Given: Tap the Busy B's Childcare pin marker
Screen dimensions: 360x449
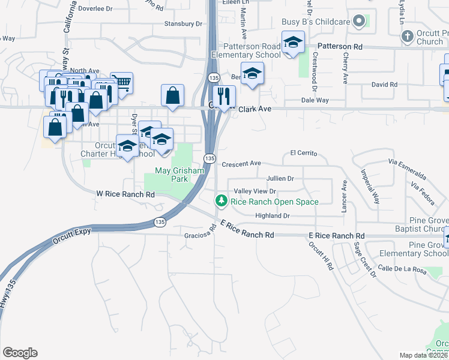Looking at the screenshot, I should pyautogui.click(x=360, y=22).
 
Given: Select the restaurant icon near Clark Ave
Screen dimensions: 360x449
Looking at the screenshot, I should pyautogui.click(x=224, y=96).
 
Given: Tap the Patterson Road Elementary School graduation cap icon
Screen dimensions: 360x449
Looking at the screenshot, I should pyautogui.click(x=292, y=43).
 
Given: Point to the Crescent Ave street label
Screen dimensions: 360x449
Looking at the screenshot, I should pyautogui.click(x=241, y=163).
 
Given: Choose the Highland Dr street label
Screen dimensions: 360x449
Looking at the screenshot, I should pyautogui.click(x=273, y=216).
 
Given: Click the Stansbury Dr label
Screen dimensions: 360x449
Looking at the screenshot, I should pyautogui.click(x=183, y=24).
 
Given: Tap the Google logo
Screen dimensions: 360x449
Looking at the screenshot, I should pyautogui.click(x=20, y=353).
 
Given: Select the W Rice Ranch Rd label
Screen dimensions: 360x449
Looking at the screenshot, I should pyautogui.click(x=125, y=194).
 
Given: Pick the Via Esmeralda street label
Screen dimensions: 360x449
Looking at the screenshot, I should pyautogui.click(x=408, y=169).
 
